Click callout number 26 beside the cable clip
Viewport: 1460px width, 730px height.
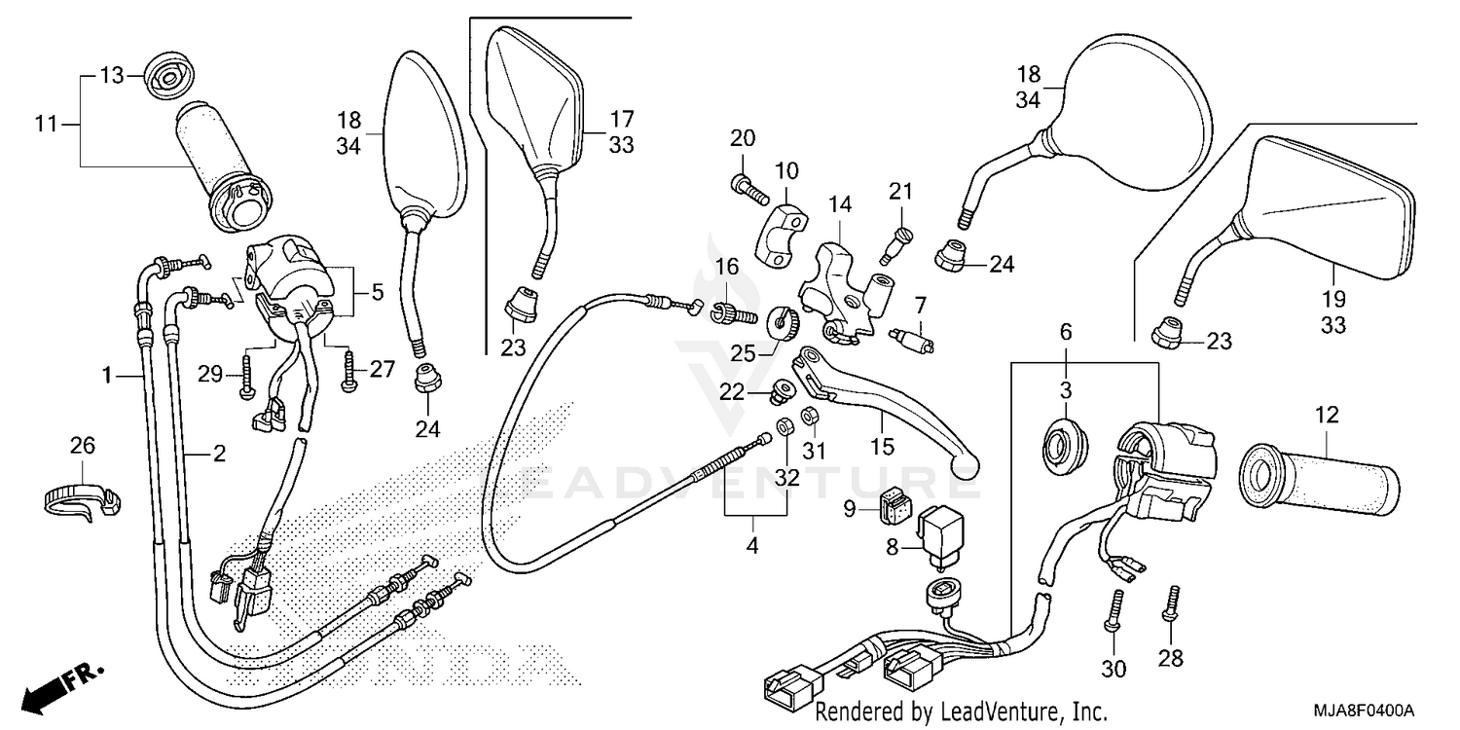tap(83, 445)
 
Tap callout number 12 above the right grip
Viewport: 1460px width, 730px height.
tap(1326, 416)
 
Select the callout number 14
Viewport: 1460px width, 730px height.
tap(840, 204)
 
